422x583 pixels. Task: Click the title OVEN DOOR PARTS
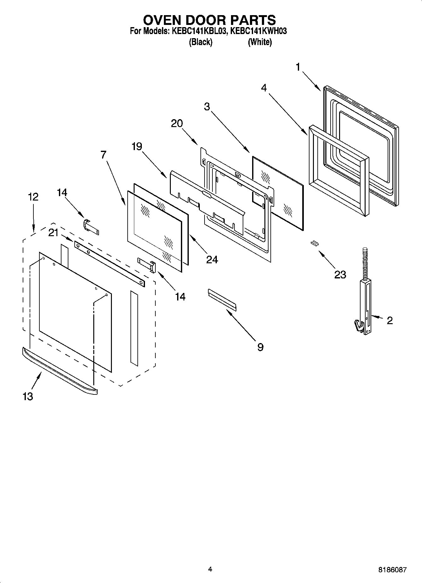(209, 20)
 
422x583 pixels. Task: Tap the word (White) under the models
(260, 42)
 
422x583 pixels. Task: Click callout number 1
(298, 67)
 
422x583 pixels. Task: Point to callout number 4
(264, 88)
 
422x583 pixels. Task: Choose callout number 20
(177, 124)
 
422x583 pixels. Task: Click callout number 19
(137, 146)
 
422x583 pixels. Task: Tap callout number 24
(212, 259)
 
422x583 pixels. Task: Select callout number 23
(340, 275)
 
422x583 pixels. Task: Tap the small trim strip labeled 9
(222, 298)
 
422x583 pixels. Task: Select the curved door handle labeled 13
(60, 371)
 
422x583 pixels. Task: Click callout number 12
(33, 197)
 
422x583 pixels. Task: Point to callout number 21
(54, 233)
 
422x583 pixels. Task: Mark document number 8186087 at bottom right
(392, 570)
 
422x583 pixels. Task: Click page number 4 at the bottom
(210, 569)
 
